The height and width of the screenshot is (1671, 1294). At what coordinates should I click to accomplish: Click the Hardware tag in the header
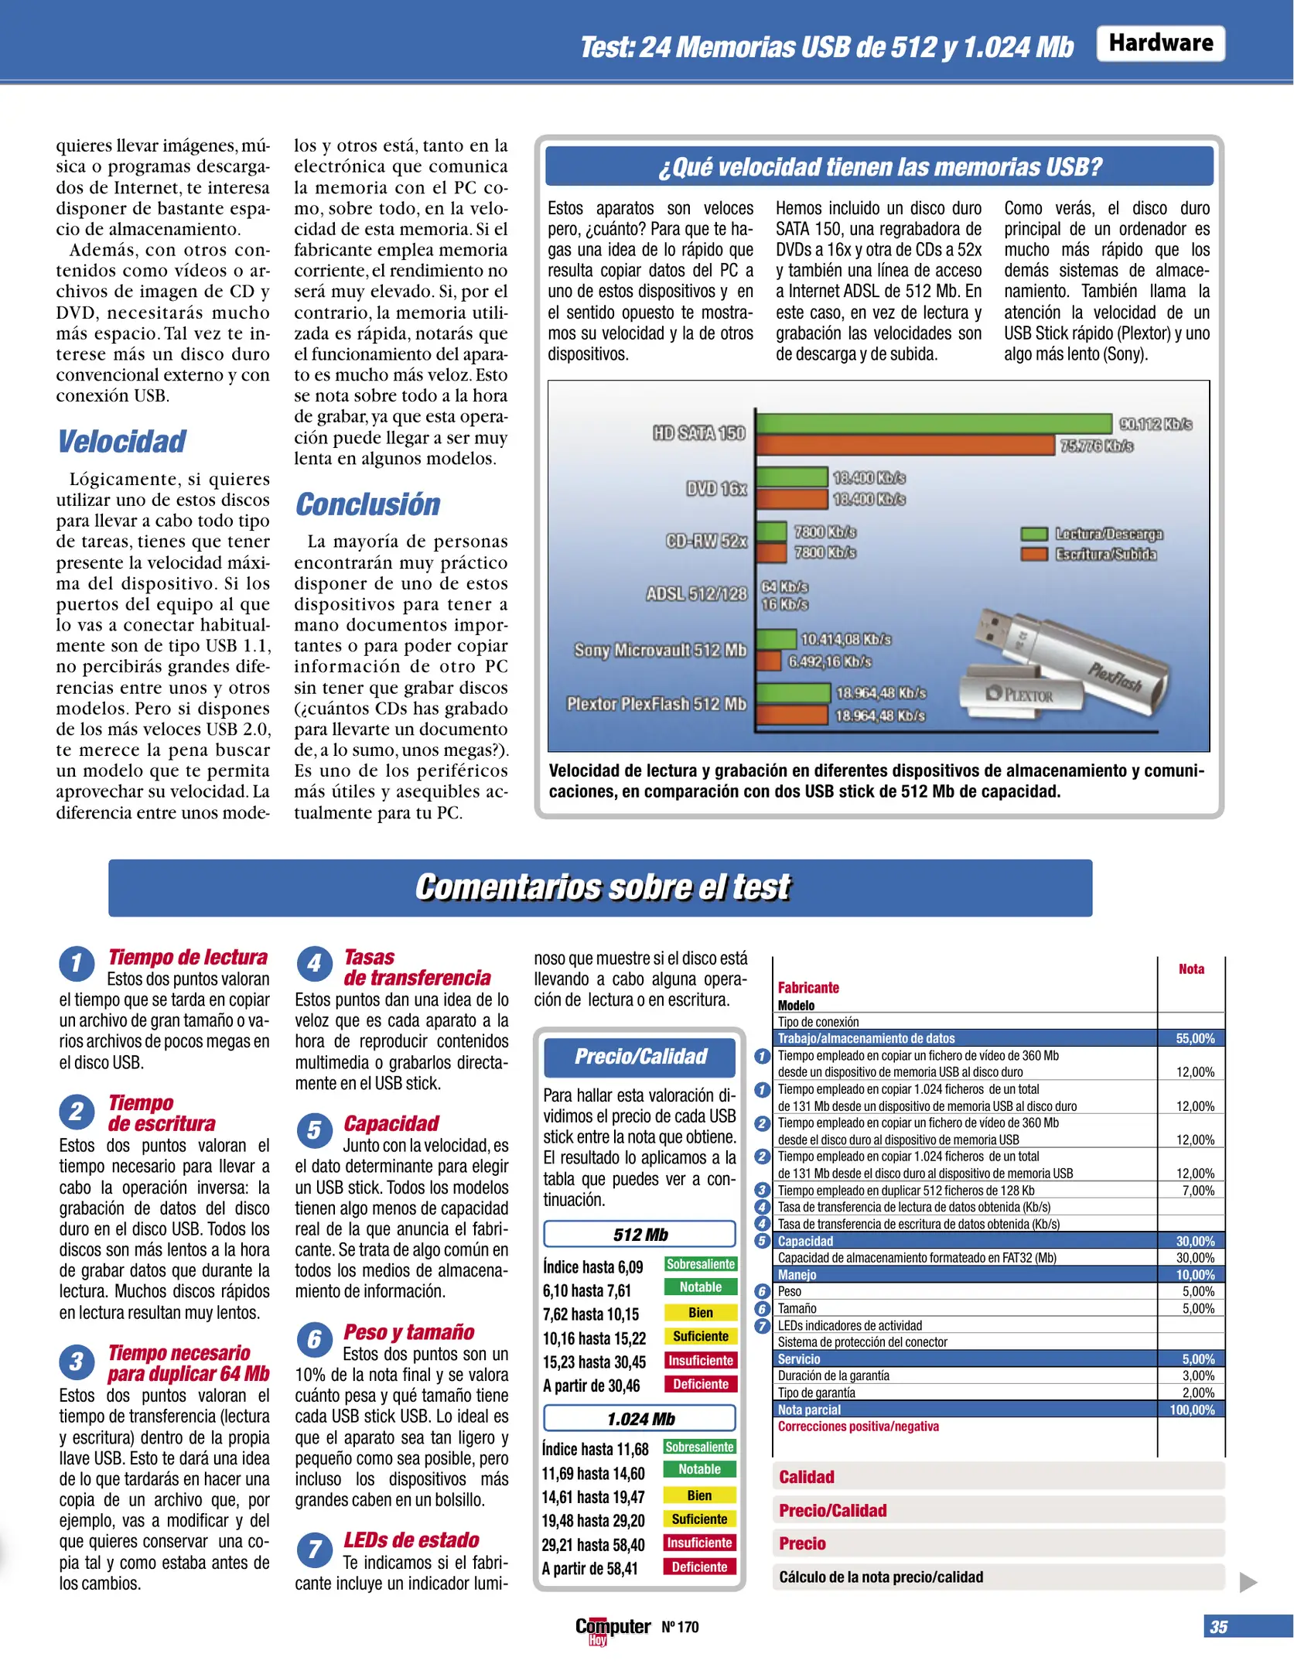click(x=1160, y=43)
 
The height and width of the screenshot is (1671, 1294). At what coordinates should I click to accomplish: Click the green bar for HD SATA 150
click(x=934, y=423)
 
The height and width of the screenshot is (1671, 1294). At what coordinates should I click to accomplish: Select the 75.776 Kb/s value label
click(x=1096, y=446)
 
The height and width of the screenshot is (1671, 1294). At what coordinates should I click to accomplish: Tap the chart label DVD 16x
click(x=716, y=489)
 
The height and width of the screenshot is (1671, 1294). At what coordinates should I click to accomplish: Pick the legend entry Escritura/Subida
click(x=1105, y=555)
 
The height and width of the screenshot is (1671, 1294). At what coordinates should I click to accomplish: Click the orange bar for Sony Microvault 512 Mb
click(x=769, y=661)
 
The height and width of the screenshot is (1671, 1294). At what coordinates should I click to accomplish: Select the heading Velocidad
click(x=122, y=442)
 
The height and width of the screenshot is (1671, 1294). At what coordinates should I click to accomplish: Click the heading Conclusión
click(x=367, y=504)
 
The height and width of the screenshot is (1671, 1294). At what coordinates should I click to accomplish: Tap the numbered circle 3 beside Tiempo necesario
click(x=77, y=1362)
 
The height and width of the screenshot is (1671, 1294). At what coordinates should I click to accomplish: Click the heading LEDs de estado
click(x=411, y=1539)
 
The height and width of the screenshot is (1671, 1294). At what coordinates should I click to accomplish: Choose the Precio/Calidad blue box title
click(x=640, y=1057)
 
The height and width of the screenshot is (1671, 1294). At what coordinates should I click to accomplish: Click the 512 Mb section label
click(x=640, y=1235)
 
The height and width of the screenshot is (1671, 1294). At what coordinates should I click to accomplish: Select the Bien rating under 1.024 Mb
click(x=699, y=1495)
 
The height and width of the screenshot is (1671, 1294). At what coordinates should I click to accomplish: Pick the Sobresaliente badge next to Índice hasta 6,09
click(x=700, y=1264)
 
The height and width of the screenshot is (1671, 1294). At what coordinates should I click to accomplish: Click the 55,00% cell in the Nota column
click(x=1194, y=1038)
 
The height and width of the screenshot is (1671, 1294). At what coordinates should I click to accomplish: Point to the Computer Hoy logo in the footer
click(x=612, y=1628)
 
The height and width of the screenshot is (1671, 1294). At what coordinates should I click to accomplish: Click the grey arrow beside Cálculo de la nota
click(x=1248, y=1583)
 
